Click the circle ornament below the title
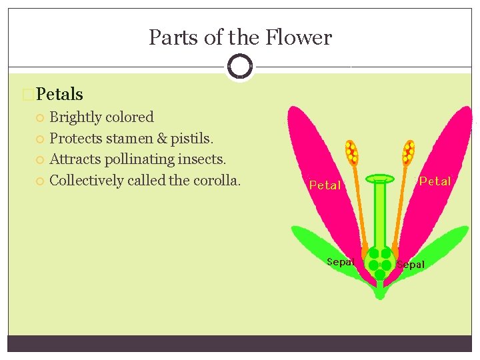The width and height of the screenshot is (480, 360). pyautogui.click(x=239, y=67)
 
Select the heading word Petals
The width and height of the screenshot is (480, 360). pyautogui.click(x=60, y=95)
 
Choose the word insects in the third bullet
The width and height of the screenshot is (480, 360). pyautogui.click(x=203, y=159)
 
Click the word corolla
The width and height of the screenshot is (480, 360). pyautogui.click(x=215, y=180)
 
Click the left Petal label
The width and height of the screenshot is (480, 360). pyautogui.click(x=325, y=185)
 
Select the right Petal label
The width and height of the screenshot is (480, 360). pyautogui.click(x=435, y=181)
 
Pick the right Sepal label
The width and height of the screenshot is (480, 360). pyautogui.click(x=411, y=265)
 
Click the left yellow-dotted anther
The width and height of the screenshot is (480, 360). pyautogui.click(x=351, y=153)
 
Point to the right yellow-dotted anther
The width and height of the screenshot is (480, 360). pyautogui.click(x=408, y=153)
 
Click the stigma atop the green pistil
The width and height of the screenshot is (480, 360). pyautogui.click(x=380, y=179)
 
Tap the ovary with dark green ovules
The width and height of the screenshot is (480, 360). pyautogui.click(x=380, y=261)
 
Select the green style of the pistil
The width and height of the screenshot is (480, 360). pyautogui.click(x=380, y=213)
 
